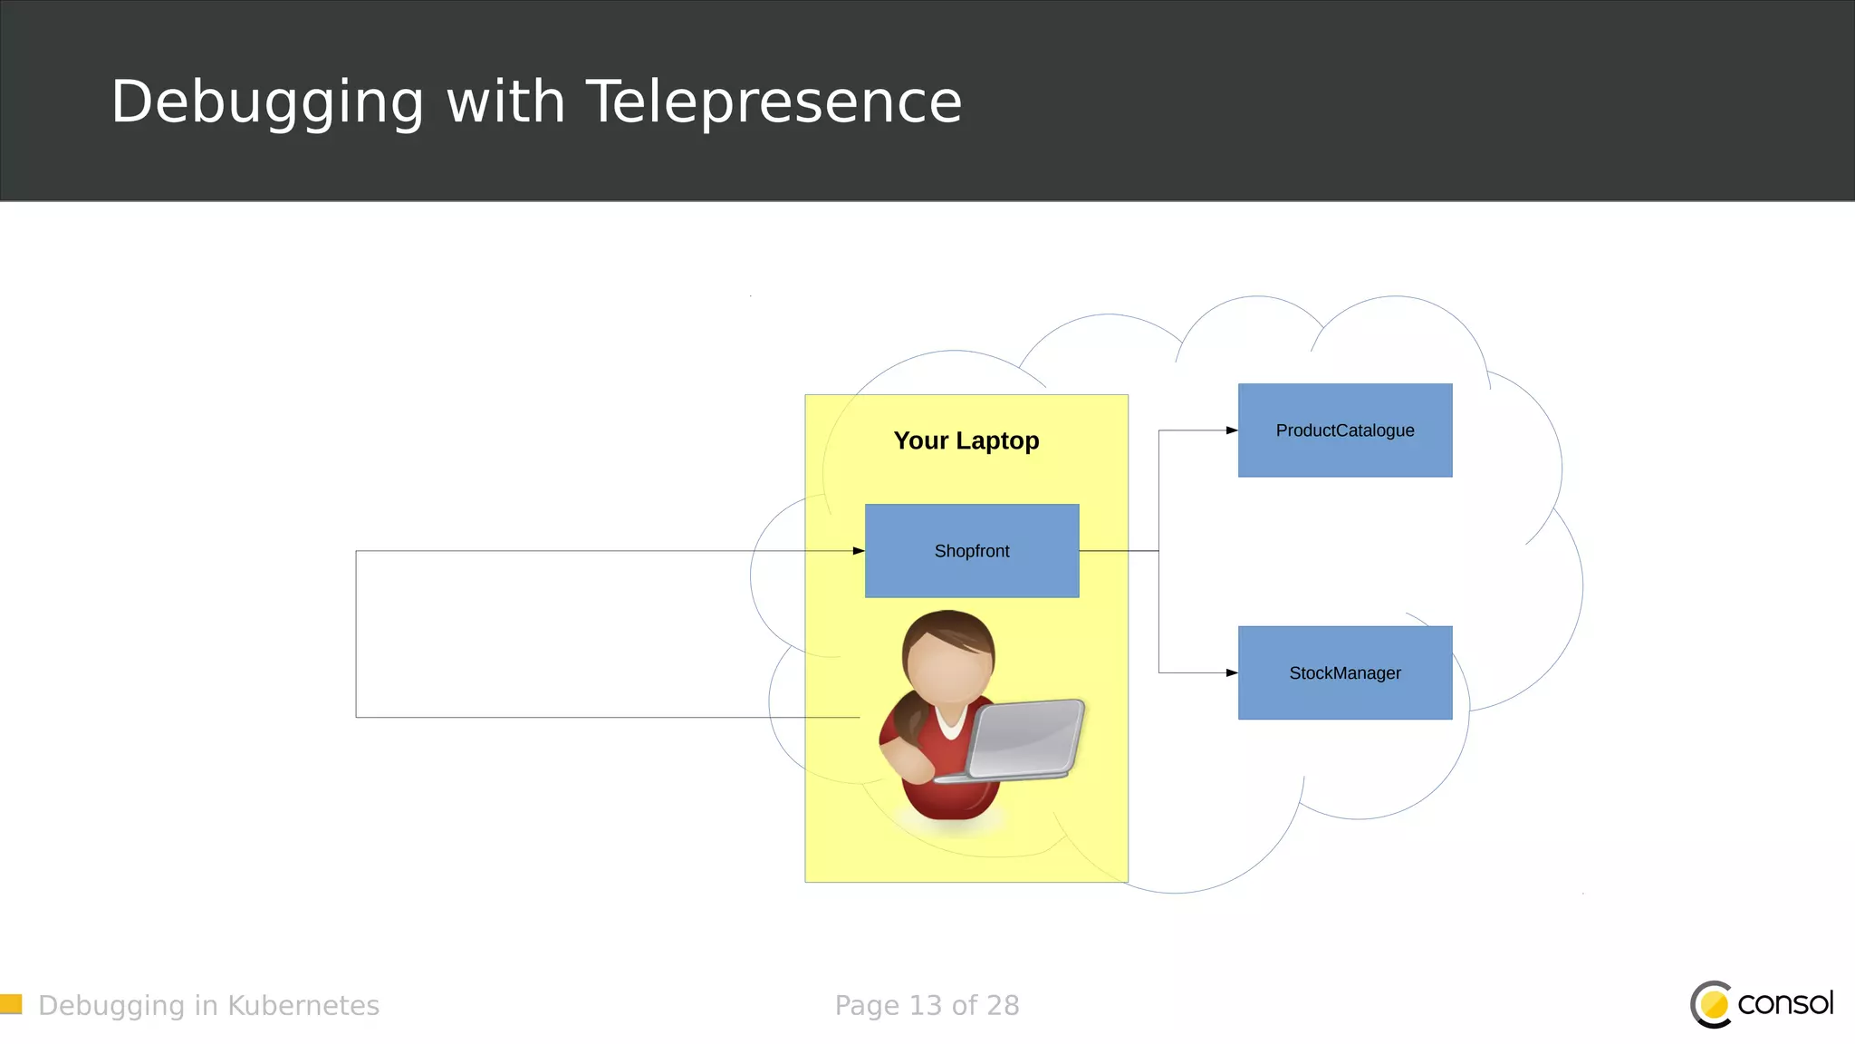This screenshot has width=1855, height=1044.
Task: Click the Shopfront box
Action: click(972, 551)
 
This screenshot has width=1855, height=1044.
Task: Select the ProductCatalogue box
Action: click(1345, 430)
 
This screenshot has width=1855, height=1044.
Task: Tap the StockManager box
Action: click(1345, 673)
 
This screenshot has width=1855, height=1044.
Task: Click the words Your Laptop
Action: click(966, 440)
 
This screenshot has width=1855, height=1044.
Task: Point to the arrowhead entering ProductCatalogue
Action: click(1232, 430)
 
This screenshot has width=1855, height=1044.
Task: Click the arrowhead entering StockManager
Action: click(1232, 673)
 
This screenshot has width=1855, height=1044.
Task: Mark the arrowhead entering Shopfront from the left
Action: click(859, 551)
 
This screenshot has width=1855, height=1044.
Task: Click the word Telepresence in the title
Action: click(774, 101)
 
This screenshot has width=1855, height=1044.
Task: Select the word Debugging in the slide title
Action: click(267, 101)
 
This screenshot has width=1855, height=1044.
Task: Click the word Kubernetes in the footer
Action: click(303, 1006)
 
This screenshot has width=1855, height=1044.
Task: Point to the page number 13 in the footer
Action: click(926, 1006)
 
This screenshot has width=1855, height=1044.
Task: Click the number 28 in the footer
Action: click(1003, 1006)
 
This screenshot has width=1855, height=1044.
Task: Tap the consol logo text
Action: click(1785, 1003)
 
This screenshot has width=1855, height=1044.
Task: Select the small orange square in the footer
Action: click(11, 1004)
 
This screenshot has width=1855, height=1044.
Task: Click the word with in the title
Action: click(506, 101)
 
